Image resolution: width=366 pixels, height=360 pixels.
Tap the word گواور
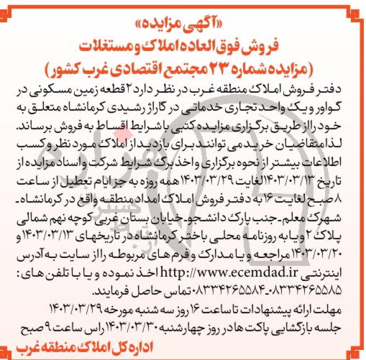click(338, 103)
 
